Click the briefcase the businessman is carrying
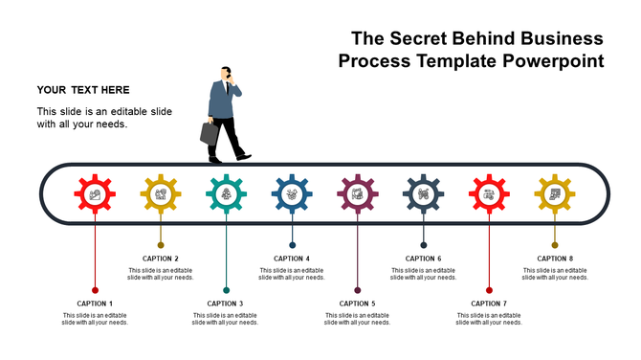click(210, 133)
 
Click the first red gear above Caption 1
click(95, 194)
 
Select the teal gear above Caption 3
click(227, 194)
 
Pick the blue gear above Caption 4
click(292, 194)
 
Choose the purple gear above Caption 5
click(358, 194)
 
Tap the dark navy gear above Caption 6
click(424, 194)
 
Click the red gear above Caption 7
click(489, 194)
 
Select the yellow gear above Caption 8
click(555, 194)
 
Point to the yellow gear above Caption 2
click(161, 194)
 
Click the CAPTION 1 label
click(95, 304)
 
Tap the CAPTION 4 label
click(292, 259)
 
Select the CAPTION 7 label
click(489, 304)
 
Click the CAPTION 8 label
click(555, 259)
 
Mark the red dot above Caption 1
click(95, 290)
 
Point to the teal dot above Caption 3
click(227, 290)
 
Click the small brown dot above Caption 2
click(161, 245)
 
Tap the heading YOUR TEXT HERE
click(83, 90)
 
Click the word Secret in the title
click(424, 39)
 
